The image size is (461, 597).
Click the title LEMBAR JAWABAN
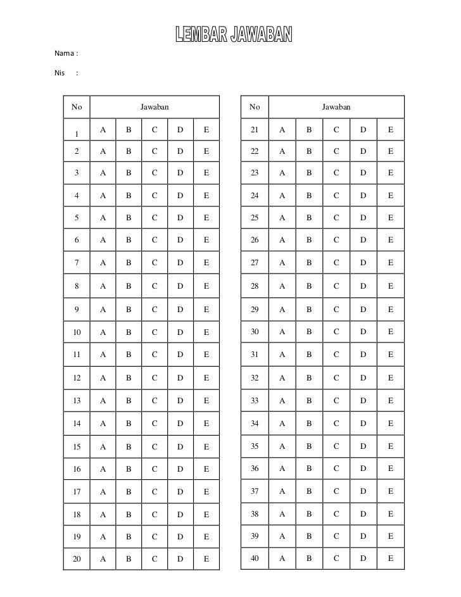tap(234, 37)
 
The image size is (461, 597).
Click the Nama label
tap(66, 53)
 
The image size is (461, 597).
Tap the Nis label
tap(61, 73)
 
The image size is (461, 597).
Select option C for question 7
tap(155, 263)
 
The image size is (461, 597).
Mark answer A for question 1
tap(103, 130)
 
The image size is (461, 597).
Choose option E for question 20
tap(206, 558)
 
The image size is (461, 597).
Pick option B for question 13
tap(129, 401)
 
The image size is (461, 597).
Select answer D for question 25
tap(363, 218)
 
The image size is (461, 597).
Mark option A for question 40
tap(282, 558)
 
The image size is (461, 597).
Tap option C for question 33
tap(336, 401)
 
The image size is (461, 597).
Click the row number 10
tap(77, 332)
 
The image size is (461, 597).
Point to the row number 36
tap(255, 468)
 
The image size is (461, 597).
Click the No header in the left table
tap(77, 108)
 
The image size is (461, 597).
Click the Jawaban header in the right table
tap(336, 108)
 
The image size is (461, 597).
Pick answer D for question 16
tap(180, 469)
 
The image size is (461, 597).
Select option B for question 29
tap(309, 309)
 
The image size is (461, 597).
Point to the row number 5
tap(77, 218)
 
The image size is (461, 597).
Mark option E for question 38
tap(391, 514)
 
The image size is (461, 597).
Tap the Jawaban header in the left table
tap(155, 108)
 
